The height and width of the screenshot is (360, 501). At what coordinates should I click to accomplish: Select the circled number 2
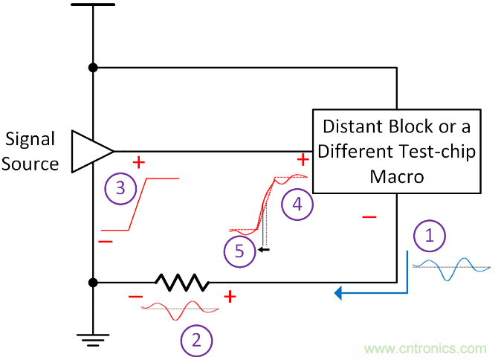tap(196, 341)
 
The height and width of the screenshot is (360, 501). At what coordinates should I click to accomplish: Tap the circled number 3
tap(121, 188)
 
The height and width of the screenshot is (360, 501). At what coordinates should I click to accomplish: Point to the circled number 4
tap(297, 204)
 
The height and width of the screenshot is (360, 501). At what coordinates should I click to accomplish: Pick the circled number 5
tap(239, 251)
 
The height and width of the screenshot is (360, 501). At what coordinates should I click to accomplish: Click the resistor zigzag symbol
tap(181, 283)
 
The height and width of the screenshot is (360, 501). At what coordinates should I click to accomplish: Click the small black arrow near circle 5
tap(263, 250)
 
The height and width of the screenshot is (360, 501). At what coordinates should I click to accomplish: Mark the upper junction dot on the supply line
tap(93, 68)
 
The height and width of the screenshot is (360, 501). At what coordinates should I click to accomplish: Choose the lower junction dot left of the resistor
tap(93, 283)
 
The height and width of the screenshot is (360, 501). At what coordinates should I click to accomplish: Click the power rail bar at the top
tap(93, 4)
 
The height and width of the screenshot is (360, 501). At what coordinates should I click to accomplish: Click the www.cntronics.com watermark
tap(426, 348)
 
